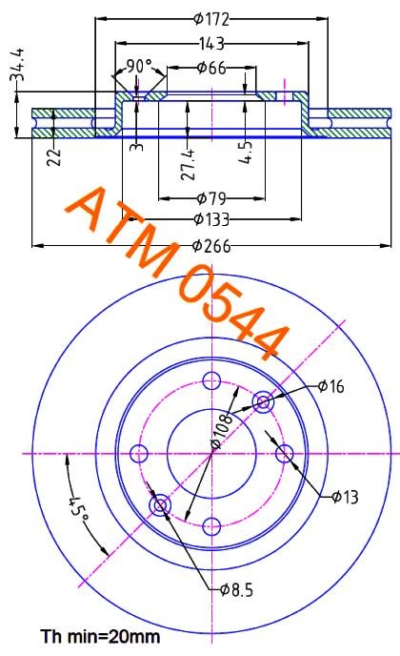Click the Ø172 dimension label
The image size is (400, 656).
211,19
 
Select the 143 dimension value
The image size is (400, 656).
211,43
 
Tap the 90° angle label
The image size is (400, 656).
139,66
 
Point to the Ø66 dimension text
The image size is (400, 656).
211,68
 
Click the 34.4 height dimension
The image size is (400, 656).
17,64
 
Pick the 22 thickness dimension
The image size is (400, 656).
54,157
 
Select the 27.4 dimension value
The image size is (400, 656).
188,164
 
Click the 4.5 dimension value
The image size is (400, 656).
246,152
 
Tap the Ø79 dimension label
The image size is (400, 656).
211,198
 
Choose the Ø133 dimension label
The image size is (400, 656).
212,218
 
